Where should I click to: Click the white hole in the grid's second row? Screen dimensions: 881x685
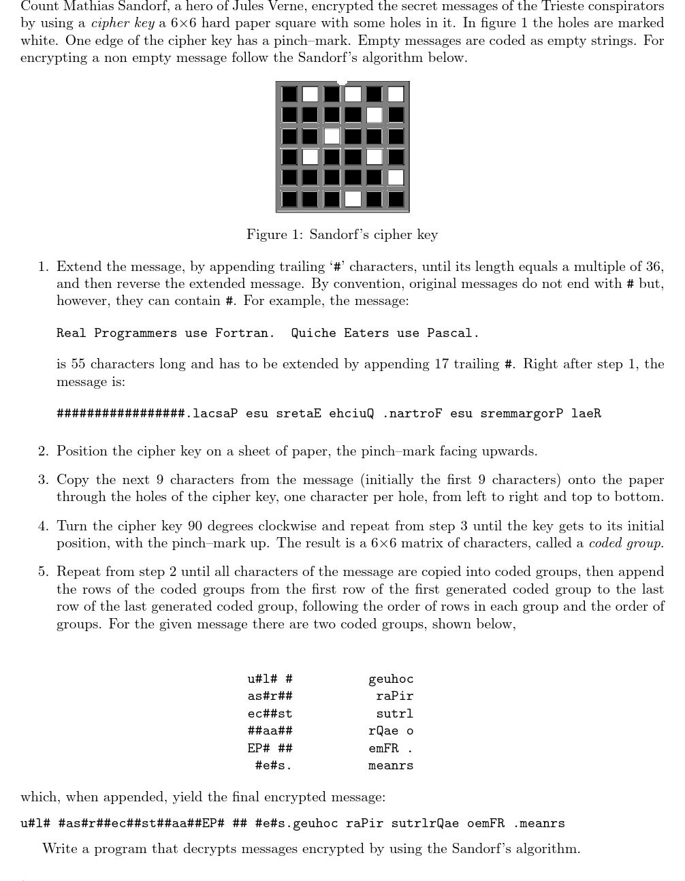tap(375, 114)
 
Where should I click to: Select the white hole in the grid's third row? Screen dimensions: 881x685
tap(332, 135)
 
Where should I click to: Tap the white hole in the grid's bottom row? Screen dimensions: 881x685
tap(353, 199)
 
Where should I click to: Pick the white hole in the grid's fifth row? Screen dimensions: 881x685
tap(396, 178)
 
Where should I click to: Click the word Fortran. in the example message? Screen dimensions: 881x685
tap(245, 333)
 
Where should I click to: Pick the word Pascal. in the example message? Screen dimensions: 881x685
tap(453, 333)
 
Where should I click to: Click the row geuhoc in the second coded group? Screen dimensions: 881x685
tap(391, 679)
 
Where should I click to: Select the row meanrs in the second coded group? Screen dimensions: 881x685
tap(391, 766)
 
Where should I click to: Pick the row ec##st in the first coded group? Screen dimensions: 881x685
tap(270, 714)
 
